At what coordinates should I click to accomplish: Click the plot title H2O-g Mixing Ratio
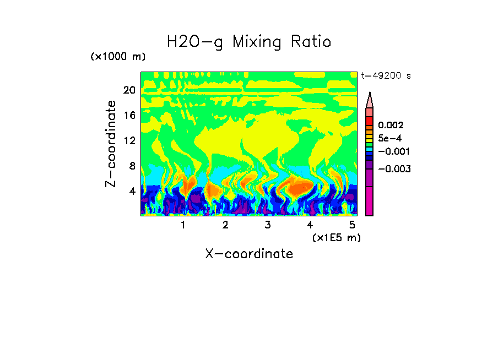coord(249,42)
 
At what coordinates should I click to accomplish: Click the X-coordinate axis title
coord(249,254)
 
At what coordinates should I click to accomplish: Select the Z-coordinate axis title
coord(111,144)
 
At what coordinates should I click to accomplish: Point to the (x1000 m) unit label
coord(118,57)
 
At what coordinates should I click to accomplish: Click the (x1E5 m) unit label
coord(336,237)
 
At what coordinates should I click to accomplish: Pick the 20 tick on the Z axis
coord(129,90)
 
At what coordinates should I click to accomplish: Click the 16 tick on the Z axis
coord(129,116)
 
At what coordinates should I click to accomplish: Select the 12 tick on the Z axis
coord(129,140)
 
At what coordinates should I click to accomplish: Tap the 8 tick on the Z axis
coord(132,166)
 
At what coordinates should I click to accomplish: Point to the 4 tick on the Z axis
coord(132,191)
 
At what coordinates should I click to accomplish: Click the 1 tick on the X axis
coord(183,225)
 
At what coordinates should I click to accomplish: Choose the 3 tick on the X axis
coord(267,225)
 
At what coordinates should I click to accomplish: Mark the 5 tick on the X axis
coord(351,225)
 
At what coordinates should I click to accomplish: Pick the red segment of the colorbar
coord(370,121)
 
